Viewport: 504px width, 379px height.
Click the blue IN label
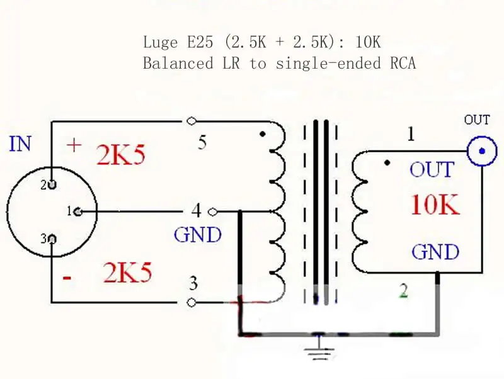click(21, 144)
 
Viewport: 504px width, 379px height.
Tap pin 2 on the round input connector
click(52, 184)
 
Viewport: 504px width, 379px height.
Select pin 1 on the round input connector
click(77, 212)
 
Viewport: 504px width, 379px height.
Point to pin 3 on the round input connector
click(52, 239)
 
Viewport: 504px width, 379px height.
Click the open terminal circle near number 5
click(192, 121)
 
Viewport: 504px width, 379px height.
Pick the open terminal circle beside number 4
click(212, 212)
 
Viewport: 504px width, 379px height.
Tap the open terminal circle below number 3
click(192, 303)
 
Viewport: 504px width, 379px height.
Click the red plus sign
click(74, 145)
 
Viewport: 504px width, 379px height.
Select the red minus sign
click(67, 277)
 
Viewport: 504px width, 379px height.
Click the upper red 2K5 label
click(121, 154)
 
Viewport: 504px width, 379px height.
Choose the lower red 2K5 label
click(127, 273)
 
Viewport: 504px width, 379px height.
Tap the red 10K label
click(435, 205)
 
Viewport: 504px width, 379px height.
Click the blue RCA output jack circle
click(482, 151)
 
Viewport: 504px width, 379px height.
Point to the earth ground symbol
click(319, 350)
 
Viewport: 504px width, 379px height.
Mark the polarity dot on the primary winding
click(263, 134)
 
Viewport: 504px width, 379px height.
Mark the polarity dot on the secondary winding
click(387, 163)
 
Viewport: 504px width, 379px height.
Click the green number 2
click(404, 291)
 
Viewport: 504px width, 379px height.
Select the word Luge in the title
click(160, 42)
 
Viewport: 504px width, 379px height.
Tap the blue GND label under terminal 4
click(198, 235)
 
